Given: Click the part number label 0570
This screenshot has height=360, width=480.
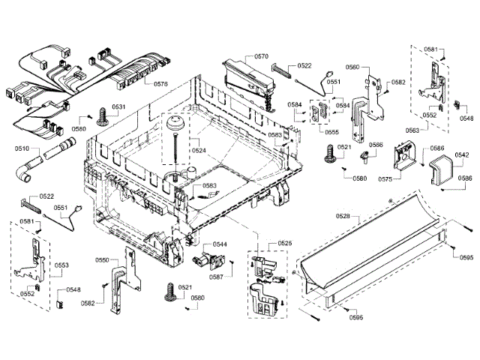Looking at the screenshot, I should (261, 56).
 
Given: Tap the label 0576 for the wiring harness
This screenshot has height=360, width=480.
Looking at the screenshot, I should (161, 84).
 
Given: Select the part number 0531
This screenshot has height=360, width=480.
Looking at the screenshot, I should (118, 107).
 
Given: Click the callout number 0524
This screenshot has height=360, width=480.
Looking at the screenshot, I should (198, 150).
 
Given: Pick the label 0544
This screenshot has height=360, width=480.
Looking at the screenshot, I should (220, 244).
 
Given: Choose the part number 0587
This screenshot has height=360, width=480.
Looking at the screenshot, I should (216, 277).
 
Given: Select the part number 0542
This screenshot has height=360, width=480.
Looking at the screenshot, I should (462, 154).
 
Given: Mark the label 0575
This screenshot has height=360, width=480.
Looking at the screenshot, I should (385, 179).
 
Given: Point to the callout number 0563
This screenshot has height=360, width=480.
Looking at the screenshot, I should (412, 130).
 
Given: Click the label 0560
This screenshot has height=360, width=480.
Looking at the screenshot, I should (352, 67).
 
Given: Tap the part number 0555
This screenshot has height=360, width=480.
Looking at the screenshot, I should (331, 131).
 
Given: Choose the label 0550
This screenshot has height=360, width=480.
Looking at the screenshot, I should (101, 259).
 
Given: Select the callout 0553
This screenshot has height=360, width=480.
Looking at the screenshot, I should (61, 265).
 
